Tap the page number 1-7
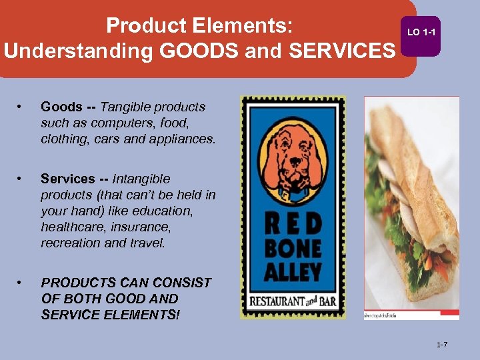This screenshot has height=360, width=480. tap(442, 345)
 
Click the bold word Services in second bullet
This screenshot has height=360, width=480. tap(68, 179)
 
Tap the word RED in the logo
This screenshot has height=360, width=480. tap(293, 224)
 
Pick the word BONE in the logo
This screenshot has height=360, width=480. tap(293, 248)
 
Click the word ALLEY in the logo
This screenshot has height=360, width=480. tap(293, 272)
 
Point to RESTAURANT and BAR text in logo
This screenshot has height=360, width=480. tap(293, 301)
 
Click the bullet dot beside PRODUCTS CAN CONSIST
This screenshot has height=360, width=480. tap(23, 283)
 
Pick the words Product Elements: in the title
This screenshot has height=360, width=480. tap(199, 25)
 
